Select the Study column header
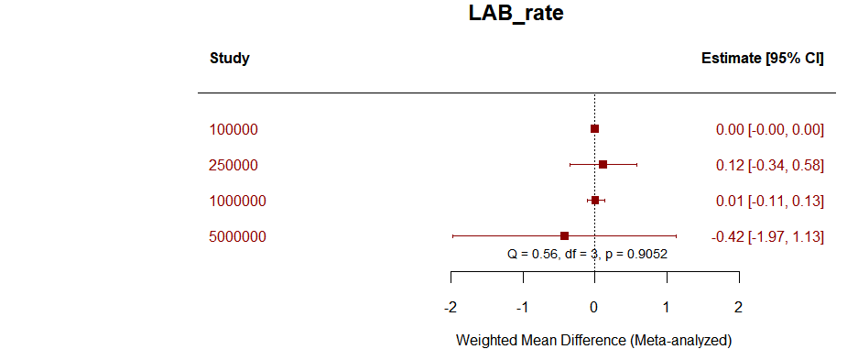pyautogui.click(x=230, y=59)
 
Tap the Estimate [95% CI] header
pyautogui.click(x=762, y=59)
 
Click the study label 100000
pyautogui.click(x=234, y=130)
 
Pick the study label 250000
pyautogui.click(x=234, y=166)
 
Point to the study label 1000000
pyautogui.click(x=237, y=202)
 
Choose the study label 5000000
pyautogui.click(x=237, y=237)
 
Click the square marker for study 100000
pyautogui.click(x=595, y=129)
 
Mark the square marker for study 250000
pyautogui.click(x=603, y=165)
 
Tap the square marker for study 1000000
pyautogui.click(x=595, y=200)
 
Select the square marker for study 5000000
pyautogui.click(x=564, y=235)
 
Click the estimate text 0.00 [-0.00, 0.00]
pyautogui.click(x=769, y=130)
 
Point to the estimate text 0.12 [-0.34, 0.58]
pyautogui.click(x=769, y=166)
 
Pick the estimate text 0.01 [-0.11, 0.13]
pyautogui.click(x=769, y=202)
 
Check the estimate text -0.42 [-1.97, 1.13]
pyautogui.click(x=767, y=237)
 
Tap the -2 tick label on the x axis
pyautogui.click(x=451, y=306)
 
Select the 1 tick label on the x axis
pyautogui.click(x=667, y=306)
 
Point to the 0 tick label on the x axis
pyautogui.click(x=594, y=306)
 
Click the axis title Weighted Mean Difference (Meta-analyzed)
pyautogui.click(x=594, y=341)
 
